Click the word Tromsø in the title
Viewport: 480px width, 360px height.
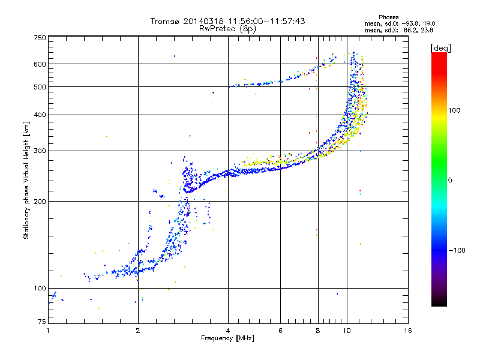165,21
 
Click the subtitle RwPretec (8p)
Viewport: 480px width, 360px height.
227,29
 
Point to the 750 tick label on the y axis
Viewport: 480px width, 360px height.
40,38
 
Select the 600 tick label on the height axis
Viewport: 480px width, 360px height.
40,64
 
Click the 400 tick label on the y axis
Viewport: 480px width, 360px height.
40,115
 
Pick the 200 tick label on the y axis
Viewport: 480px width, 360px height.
40,202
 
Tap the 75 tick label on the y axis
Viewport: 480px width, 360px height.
42,322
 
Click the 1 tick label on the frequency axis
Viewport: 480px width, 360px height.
48,331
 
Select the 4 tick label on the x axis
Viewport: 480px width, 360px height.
228,331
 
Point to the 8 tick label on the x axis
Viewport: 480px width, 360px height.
318,331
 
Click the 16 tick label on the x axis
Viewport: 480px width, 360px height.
408,331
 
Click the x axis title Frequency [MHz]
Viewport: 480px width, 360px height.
227,338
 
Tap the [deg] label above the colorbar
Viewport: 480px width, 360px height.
440,48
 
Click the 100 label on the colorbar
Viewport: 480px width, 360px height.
454,110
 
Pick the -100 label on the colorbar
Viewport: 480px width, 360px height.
457,250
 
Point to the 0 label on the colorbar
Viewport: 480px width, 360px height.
450,181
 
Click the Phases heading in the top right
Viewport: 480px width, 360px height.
388,17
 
